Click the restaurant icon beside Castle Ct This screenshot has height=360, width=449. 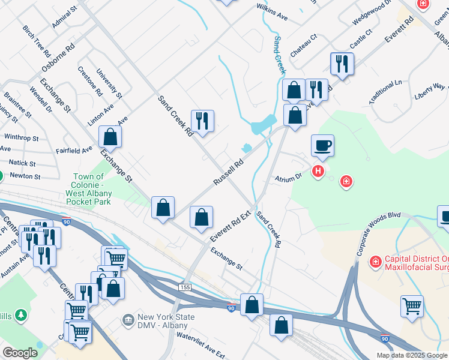click(342, 64)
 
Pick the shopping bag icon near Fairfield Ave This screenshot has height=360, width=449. click(110, 137)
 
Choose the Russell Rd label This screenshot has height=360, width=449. click(229, 172)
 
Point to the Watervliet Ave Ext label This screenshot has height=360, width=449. click(200, 343)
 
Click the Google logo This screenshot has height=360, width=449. click(20, 353)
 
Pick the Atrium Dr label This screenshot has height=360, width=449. click(288, 178)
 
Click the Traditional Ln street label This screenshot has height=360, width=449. click(385, 91)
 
